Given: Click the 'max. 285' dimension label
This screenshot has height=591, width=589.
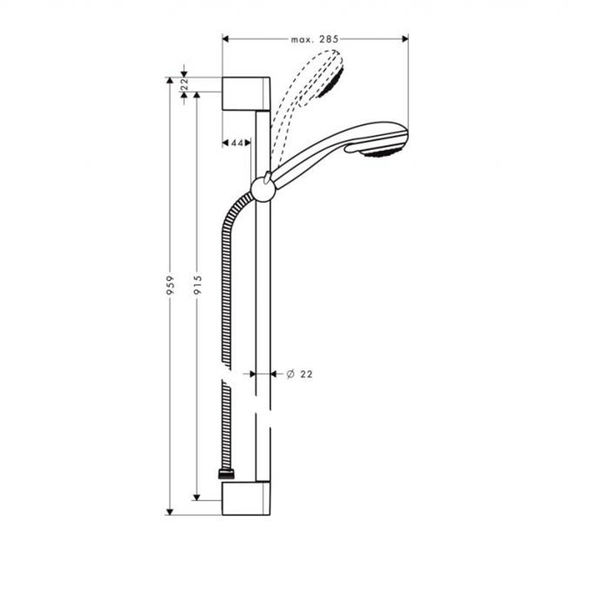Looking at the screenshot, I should (x=315, y=39).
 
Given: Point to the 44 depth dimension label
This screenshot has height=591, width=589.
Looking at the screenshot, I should (x=237, y=143).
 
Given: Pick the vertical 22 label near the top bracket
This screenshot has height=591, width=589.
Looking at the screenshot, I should (x=184, y=84).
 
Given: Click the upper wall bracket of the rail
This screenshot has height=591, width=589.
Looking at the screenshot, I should (x=246, y=93).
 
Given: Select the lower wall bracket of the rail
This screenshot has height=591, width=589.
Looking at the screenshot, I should (x=246, y=498).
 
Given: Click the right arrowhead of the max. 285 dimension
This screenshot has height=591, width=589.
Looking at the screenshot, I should (x=405, y=39).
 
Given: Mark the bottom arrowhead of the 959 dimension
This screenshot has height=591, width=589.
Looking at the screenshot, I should (x=170, y=511).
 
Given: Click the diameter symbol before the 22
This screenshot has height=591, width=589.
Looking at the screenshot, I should (x=290, y=374).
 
